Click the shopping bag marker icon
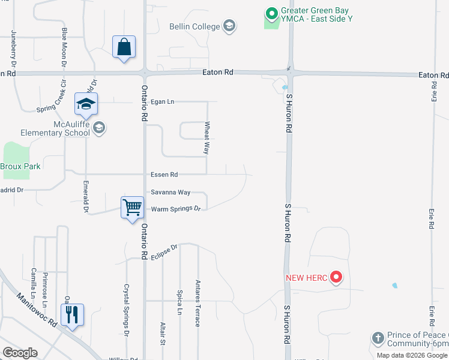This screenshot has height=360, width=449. point(124,47)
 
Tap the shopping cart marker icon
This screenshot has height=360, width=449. point(132,208)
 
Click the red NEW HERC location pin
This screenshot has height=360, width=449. point(336,277)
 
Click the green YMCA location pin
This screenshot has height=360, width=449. point(271,13)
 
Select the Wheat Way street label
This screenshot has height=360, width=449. point(207,139)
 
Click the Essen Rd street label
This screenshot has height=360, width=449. point(164,175)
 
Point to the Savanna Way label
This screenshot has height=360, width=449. point(170,193)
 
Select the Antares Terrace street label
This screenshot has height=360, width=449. point(197,303)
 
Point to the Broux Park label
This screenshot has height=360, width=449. point(20,166)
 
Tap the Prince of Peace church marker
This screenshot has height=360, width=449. point(378,338)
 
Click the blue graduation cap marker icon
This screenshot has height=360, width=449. point(86,104)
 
